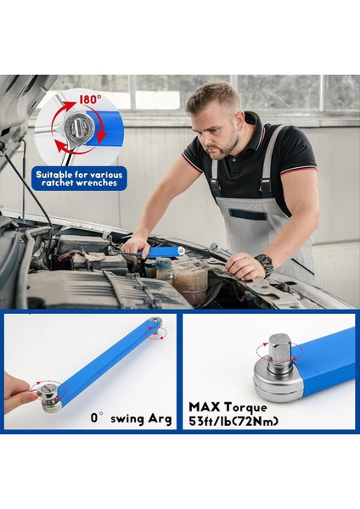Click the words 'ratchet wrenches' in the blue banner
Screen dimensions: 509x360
tap(80, 183)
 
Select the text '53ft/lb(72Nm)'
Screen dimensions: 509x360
tap(233, 421)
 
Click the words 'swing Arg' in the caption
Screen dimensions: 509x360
tap(143, 418)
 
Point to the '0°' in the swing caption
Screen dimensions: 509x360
tap(98, 418)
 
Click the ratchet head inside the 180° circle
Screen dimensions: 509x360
tap(78, 128)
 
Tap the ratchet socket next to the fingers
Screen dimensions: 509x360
tap(48, 394)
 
